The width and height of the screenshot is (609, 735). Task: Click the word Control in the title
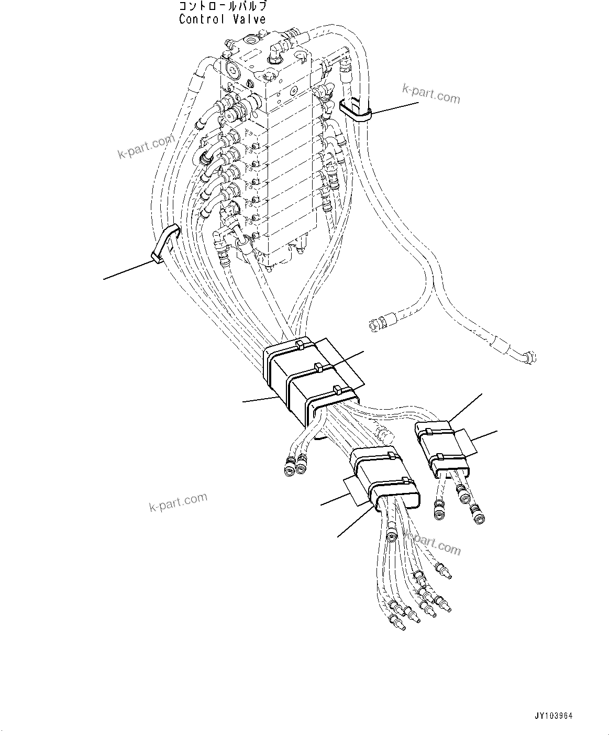[x=201, y=19]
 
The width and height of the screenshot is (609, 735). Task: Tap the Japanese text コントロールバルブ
[x=223, y=7]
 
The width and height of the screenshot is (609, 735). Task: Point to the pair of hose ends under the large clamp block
[x=294, y=464]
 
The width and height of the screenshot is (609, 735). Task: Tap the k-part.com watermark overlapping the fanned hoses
[x=432, y=543]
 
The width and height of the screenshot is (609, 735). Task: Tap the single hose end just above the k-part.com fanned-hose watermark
[x=390, y=535]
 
